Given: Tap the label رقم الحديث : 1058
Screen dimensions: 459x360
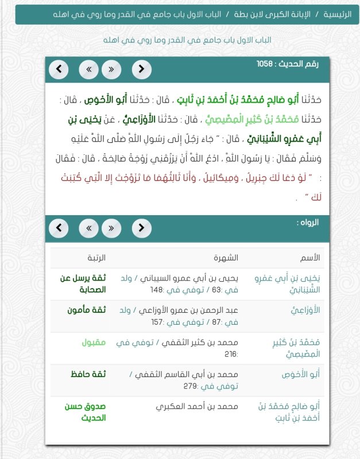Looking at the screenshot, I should click(287, 63).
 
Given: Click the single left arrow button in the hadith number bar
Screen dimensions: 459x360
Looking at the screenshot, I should click(59, 70).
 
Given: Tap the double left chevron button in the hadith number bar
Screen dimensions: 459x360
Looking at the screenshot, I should click(88, 70).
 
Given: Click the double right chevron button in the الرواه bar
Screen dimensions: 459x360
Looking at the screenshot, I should click(111, 228).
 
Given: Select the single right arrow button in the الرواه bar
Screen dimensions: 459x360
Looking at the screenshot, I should click(141, 228).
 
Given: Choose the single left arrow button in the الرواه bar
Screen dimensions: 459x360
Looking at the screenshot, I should click(59, 228).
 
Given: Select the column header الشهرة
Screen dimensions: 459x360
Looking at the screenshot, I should click(226, 258).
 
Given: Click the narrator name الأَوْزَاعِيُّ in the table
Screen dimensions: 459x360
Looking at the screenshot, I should click(305, 310).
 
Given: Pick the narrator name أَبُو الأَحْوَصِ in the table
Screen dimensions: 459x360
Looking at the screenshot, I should click(300, 375).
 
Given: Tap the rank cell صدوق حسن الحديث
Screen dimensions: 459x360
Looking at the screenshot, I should click(85, 412).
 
